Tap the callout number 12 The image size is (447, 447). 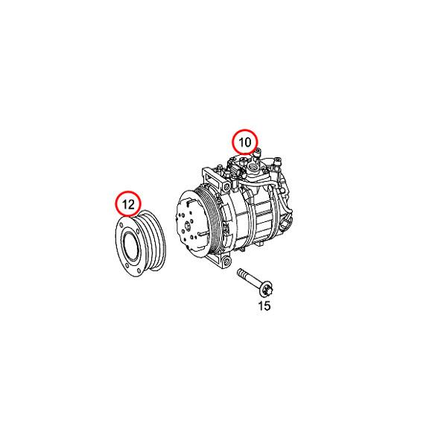[127, 203]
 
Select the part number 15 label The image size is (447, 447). [264, 305]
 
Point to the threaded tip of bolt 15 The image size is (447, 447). [240, 274]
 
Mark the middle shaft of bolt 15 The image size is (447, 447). [251, 280]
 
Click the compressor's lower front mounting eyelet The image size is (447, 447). [221, 261]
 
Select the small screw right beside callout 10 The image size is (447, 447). [257, 152]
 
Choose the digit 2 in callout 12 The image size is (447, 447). [132, 203]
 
